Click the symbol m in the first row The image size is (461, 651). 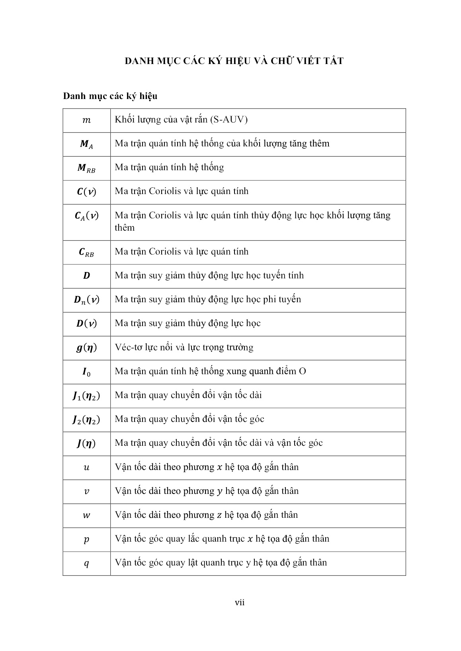tap(86, 120)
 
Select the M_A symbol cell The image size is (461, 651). tap(86, 144)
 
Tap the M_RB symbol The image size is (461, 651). tap(86, 168)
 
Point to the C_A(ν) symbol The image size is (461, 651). tap(86, 216)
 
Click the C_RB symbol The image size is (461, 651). tap(86, 252)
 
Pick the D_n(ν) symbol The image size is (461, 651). tap(86, 300)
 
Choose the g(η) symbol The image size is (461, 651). tap(86, 348)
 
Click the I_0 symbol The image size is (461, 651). tap(86, 372)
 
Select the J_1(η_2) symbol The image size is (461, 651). tap(86, 396)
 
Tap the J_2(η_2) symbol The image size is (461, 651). tap(86, 420)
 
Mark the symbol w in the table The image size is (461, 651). tap(86, 515)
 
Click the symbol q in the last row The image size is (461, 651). tap(86, 564)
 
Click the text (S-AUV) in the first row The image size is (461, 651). tap(229, 120)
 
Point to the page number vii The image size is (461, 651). tap(240, 602)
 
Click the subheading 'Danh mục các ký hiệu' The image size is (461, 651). tap(110, 96)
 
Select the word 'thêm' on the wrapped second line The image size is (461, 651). tap(125, 228)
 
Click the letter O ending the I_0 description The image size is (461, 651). tap(302, 371)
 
